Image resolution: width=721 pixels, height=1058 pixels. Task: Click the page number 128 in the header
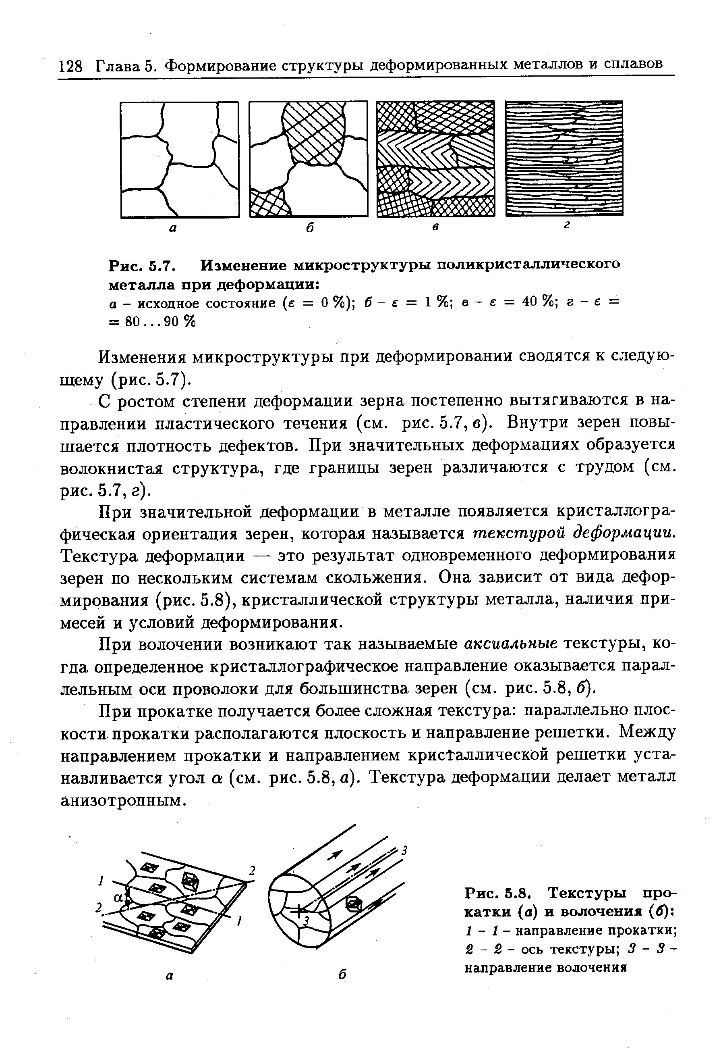pos(71,66)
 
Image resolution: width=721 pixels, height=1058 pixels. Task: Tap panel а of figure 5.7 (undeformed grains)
pos(180,159)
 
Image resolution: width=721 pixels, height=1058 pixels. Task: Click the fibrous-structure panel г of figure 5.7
pos(564,158)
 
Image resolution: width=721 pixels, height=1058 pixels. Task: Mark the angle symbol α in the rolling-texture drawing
pos(119,898)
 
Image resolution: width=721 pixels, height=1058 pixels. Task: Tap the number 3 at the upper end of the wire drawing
pos(404,850)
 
